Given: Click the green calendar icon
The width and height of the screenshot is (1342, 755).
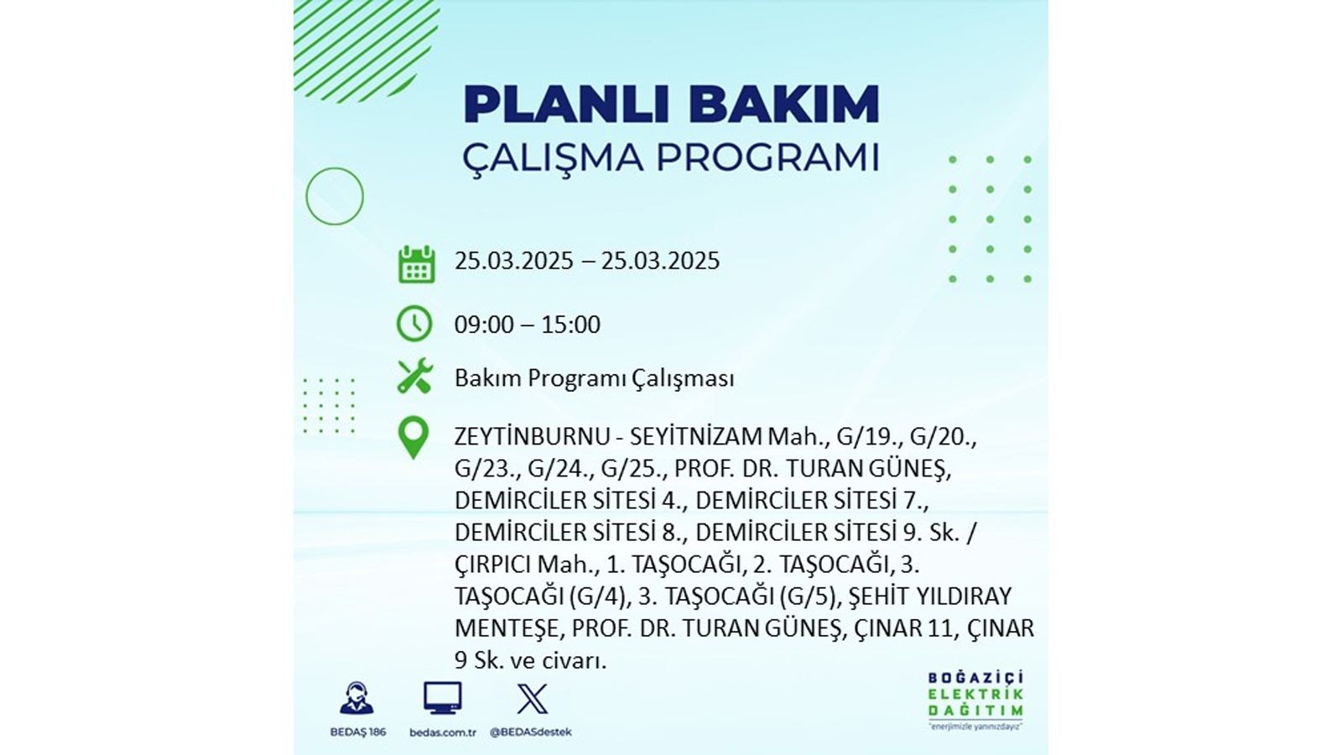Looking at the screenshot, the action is (416, 263).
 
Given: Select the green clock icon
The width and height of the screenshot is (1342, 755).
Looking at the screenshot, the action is (414, 324).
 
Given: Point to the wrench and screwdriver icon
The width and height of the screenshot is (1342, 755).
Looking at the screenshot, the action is (414, 376).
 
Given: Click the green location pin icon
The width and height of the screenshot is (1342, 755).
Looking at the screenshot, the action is (414, 438).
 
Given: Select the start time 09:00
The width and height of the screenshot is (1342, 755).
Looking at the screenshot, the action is (483, 325).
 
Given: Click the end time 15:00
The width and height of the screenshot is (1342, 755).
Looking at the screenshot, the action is (571, 325).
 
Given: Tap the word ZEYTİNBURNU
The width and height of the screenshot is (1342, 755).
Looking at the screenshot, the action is (532, 437).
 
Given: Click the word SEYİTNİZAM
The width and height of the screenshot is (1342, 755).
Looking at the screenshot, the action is (695, 437).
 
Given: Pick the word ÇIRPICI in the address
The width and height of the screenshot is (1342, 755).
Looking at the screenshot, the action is (493, 565).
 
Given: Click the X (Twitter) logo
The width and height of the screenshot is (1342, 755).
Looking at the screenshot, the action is (532, 700).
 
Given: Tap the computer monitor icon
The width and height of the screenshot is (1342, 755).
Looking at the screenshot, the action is (443, 698).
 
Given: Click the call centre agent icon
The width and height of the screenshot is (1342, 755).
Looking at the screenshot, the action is (357, 699).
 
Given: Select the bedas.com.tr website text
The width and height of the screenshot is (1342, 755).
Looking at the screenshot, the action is (443, 732).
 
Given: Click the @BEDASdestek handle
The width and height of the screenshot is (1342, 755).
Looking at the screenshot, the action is (531, 732).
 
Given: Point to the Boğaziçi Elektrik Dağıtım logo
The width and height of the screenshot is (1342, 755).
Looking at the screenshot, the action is (976, 700).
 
